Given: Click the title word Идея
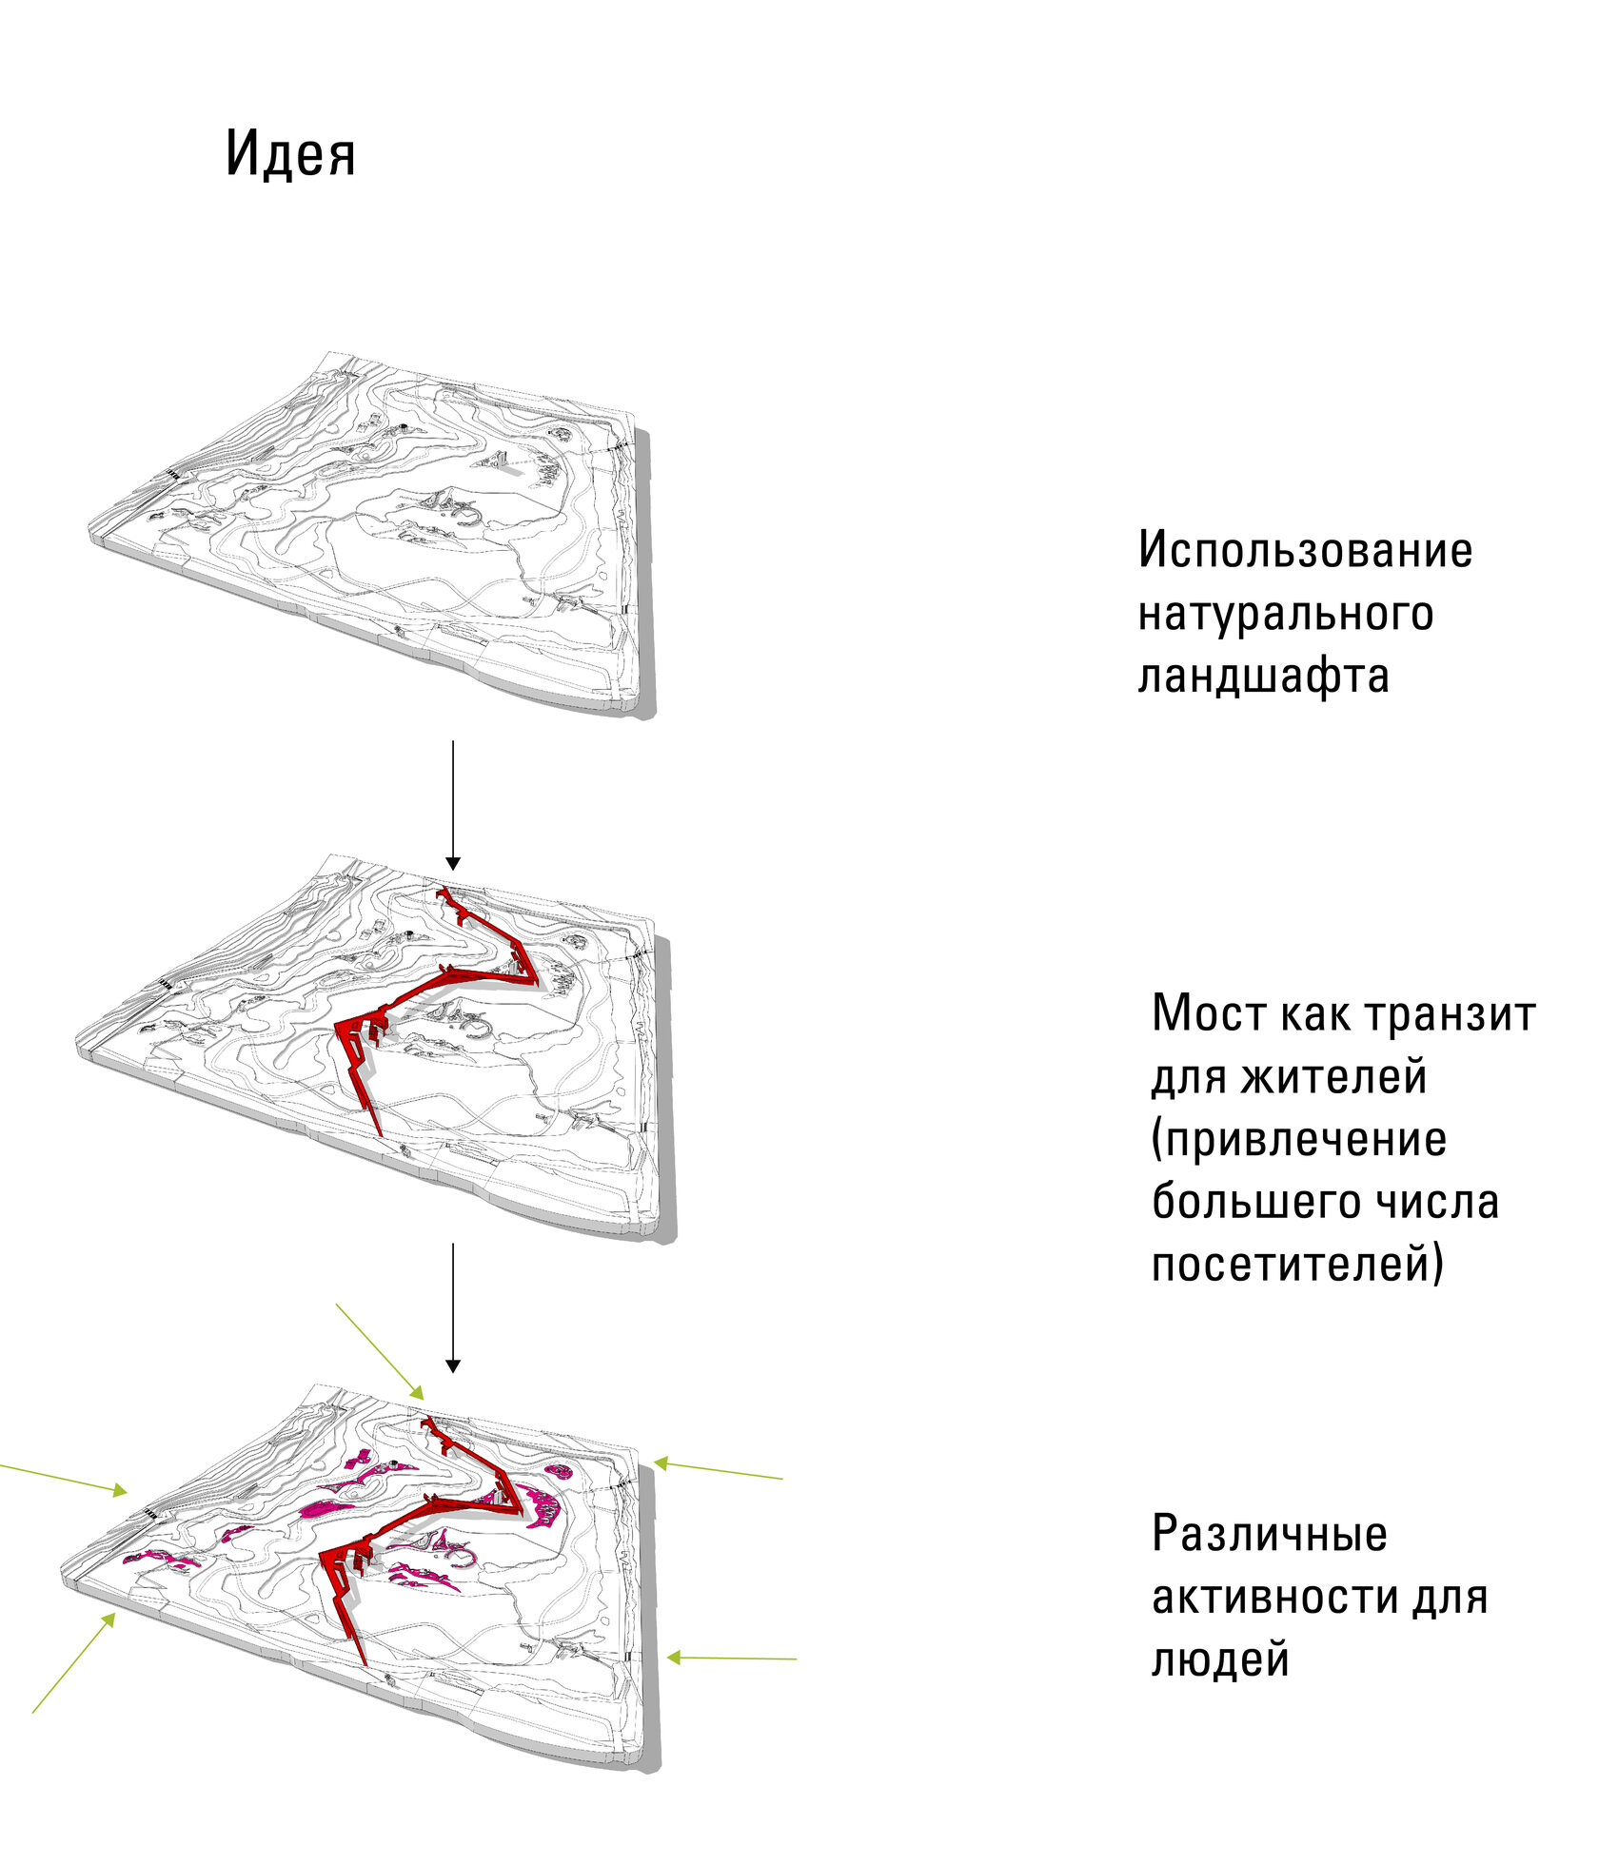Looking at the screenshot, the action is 290,152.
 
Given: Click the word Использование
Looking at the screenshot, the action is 1305,550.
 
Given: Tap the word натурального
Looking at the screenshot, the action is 1285,615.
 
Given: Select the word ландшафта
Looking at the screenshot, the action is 1263,677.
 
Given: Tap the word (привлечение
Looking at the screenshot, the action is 1298,1140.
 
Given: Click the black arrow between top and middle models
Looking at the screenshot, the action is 453,805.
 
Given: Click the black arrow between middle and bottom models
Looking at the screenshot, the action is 453,1307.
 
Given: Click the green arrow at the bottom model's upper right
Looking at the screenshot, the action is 718,1470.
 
